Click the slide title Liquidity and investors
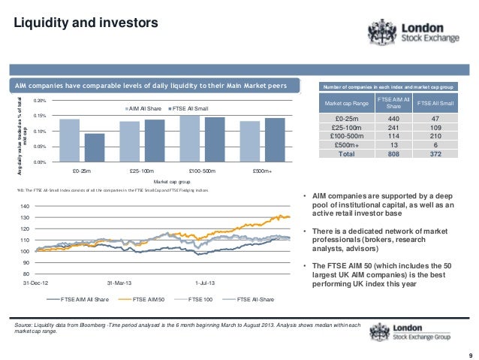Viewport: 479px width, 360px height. tap(83, 23)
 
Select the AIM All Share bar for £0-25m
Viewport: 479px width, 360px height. tap(69, 140)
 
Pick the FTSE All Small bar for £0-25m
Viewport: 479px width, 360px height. tap(95, 147)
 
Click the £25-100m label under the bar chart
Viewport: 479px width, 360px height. tap(142, 171)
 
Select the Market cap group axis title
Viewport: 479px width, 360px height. tap(172, 181)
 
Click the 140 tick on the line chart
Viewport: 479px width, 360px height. tap(25, 206)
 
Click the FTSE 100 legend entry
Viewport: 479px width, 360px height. tap(201, 299)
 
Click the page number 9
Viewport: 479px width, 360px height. tap(469, 355)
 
